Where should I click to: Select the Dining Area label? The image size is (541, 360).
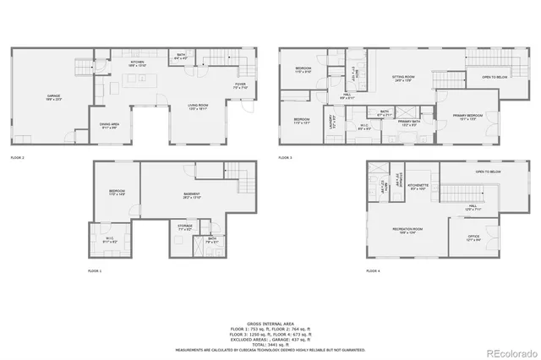click(109, 125)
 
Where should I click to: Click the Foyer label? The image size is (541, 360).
click(241, 85)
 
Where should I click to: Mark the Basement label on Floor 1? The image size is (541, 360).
click(192, 196)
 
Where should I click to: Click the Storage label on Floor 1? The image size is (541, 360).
click(185, 226)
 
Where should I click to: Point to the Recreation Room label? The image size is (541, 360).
click(407, 229)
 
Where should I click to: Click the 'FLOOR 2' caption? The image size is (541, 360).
click(18, 158)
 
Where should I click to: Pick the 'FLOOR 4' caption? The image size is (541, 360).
click(373, 270)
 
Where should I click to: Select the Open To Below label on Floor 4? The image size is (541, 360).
click(489, 172)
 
